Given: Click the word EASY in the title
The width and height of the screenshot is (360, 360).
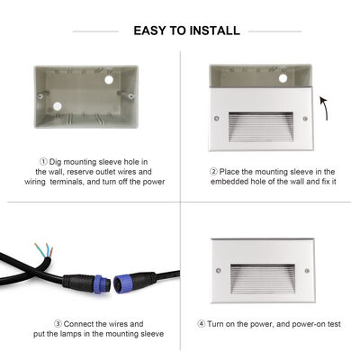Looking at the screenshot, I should [150, 31].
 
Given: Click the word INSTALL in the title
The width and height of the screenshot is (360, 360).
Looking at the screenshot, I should [214, 31].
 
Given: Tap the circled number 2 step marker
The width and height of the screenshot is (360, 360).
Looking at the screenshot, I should [213, 171].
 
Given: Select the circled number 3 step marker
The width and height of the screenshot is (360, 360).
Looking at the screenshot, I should [57, 323].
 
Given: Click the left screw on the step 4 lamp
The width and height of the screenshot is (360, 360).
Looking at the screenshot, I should [217, 269].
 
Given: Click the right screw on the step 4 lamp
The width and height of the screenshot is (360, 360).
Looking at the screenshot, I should [306, 269].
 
